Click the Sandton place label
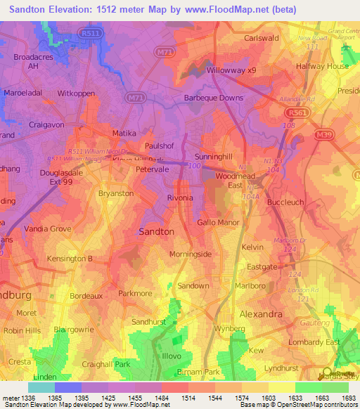(x=157, y=231)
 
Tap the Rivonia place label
(x=179, y=198)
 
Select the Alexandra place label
(x=261, y=313)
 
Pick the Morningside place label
(x=191, y=254)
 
